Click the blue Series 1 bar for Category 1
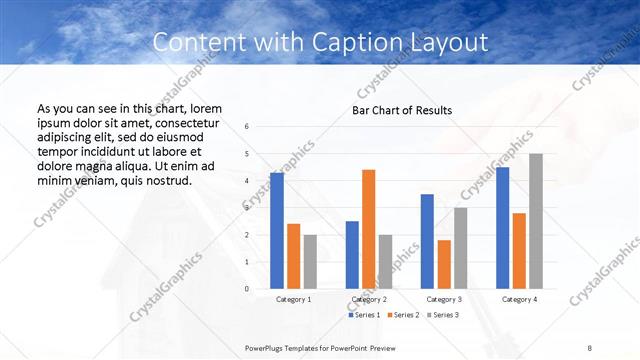point(276,231)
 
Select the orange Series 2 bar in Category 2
point(368,229)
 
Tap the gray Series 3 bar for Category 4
point(536,221)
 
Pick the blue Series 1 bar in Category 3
point(427,241)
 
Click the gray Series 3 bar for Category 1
point(310,261)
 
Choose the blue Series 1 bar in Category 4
point(502,228)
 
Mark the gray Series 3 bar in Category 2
point(385,261)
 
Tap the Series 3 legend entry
point(443,315)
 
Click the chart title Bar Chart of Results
point(402,110)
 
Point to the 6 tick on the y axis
point(261,127)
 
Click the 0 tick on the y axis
point(261,289)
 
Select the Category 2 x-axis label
point(368,299)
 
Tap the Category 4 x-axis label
point(519,299)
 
